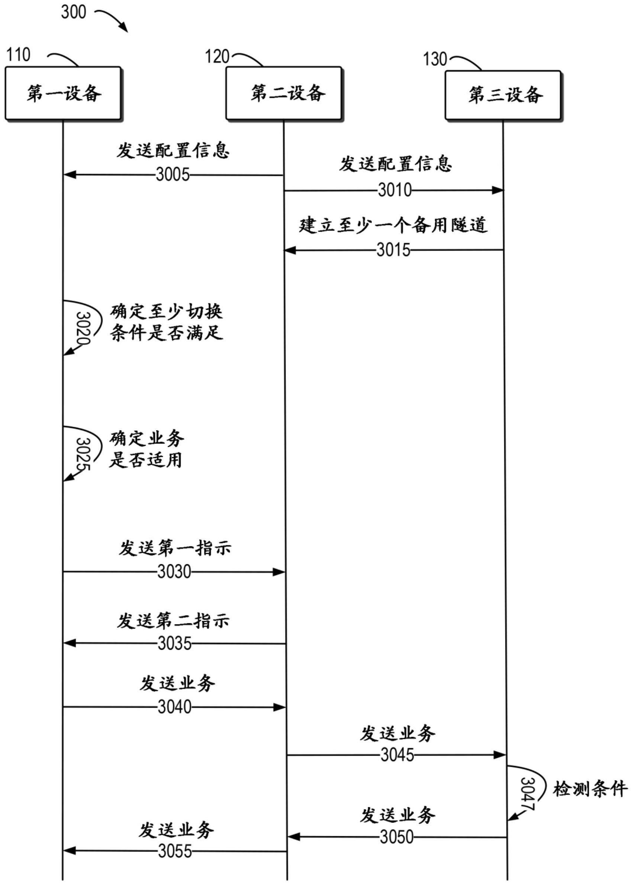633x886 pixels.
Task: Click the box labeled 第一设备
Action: (x=63, y=93)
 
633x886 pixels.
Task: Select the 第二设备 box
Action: (x=284, y=93)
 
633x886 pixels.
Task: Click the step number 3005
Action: (x=173, y=175)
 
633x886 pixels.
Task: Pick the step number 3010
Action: (x=395, y=190)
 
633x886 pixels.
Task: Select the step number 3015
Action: (x=393, y=250)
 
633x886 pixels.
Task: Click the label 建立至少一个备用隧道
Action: (x=393, y=225)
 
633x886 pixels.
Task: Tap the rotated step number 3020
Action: (x=83, y=328)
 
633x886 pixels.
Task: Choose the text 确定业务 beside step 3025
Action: (x=147, y=439)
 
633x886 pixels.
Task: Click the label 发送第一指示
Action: (x=175, y=548)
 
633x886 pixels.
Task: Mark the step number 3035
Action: (x=175, y=644)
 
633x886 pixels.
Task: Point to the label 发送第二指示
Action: (x=173, y=621)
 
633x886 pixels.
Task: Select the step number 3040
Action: (x=175, y=707)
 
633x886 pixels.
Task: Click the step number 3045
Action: (x=397, y=755)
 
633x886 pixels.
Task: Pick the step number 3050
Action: (x=397, y=837)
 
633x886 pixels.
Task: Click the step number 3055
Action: (x=175, y=851)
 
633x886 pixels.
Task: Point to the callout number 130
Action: (x=435, y=59)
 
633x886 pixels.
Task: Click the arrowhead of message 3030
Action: (x=279, y=572)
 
